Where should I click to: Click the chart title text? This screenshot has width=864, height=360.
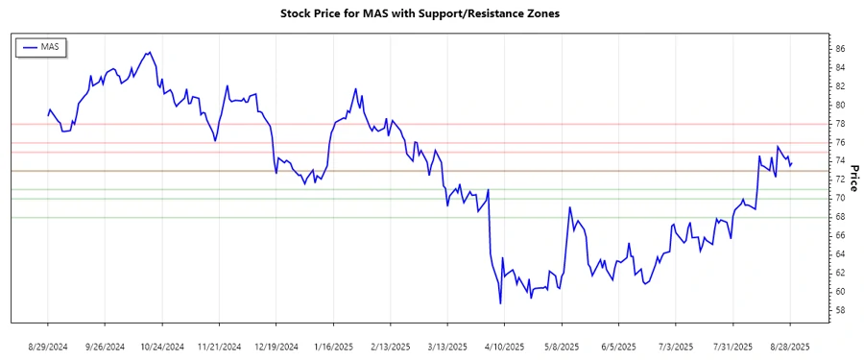(x=432, y=13)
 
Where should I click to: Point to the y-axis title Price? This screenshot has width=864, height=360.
(x=852, y=178)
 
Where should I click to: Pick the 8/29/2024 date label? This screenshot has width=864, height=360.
(x=48, y=346)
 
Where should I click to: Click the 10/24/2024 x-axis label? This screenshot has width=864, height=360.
(x=160, y=346)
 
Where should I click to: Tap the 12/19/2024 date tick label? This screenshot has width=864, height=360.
(x=276, y=346)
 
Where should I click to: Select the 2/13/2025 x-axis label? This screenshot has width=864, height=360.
(x=389, y=346)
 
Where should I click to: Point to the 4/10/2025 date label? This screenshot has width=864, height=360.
(x=504, y=346)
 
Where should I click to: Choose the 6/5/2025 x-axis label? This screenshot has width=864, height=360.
(x=618, y=346)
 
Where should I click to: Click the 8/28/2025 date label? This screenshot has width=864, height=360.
(x=790, y=346)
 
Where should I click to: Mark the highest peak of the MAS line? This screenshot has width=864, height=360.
(x=149, y=52)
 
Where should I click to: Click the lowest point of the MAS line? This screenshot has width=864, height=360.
(x=500, y=303)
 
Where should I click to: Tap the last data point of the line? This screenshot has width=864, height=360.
(x=792, y=162)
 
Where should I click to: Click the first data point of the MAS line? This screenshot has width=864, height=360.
(x=48, y=115)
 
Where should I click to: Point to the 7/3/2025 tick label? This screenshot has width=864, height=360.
(x=676, y=346)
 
